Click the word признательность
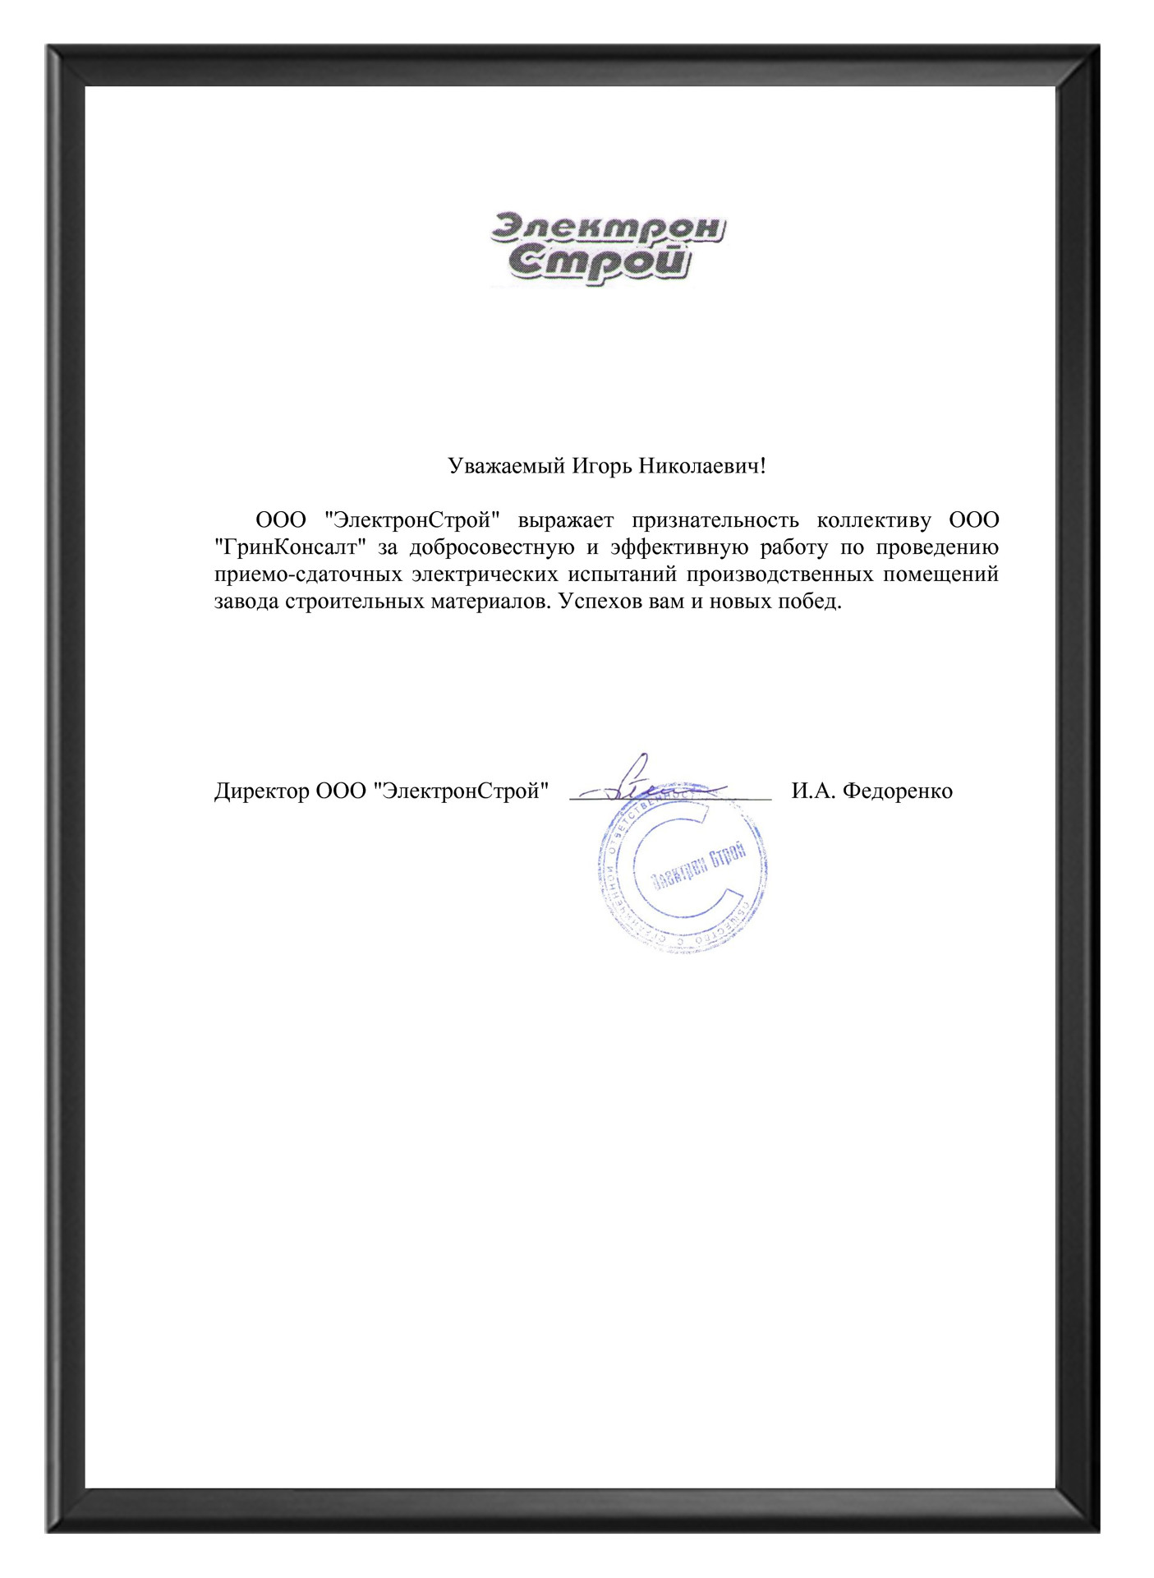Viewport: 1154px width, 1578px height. click(715, 520)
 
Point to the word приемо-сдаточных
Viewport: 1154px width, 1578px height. click(308, 574)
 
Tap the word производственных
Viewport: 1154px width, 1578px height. click(779, 574)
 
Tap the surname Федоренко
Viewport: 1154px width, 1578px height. click(898, 791)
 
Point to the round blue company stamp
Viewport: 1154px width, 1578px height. click(683, 873)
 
